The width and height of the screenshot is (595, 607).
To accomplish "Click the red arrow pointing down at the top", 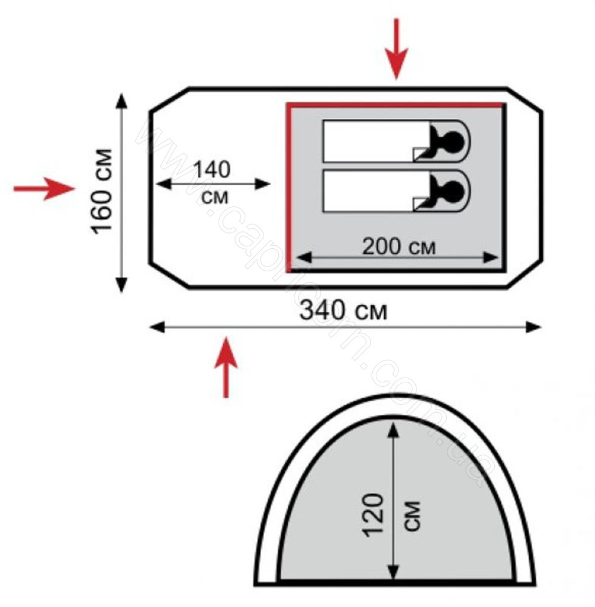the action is pos(396,49).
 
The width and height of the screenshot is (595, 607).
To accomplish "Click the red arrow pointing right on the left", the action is pos(44,189).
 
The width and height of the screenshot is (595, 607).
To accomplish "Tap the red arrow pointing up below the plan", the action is pos(226,367).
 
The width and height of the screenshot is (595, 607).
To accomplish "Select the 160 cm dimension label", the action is pos(102,191).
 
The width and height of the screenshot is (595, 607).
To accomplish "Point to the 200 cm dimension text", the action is pos(399,246).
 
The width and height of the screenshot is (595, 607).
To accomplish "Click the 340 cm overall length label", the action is pos(344,310).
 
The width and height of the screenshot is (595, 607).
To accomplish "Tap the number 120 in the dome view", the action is pos(373,515).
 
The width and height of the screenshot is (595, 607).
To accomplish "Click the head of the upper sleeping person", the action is pos(453,141).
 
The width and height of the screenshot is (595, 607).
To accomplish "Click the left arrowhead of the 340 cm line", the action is pos(157,327).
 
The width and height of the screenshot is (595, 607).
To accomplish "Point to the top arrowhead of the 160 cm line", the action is pos(121,101).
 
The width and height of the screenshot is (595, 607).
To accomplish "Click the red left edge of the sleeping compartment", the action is pos(288,188).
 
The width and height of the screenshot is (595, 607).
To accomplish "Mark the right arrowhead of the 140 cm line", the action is pos(263,185).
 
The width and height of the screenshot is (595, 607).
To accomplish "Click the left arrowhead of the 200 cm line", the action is pos(304,257).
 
